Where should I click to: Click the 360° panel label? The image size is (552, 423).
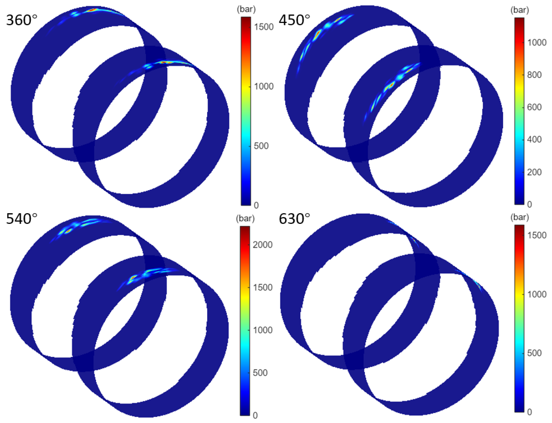pyautogui.click(x=22, y=20)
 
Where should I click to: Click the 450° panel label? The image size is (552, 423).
pyautogui.click(x=294, y=20)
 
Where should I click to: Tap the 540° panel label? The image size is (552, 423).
pyautogui.click(x=22, y=218)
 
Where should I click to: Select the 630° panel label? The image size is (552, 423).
pyautogui.click(x=294, y=218)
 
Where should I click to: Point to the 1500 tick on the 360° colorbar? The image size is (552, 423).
pyautogui.click(x=264, y=27)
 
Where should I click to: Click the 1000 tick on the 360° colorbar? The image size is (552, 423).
pyautogui.click(x=264, y=86)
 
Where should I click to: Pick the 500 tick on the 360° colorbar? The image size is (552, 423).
pyautogui.click(x=261, y=146)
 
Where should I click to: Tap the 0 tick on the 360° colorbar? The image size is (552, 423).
pyautogui.click(x=256, y=206)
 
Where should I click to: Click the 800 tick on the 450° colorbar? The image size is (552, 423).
pyautogui.click(x=534, y=75)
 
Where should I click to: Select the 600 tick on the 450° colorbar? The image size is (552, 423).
pyautogui.click(x=534, y=107)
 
